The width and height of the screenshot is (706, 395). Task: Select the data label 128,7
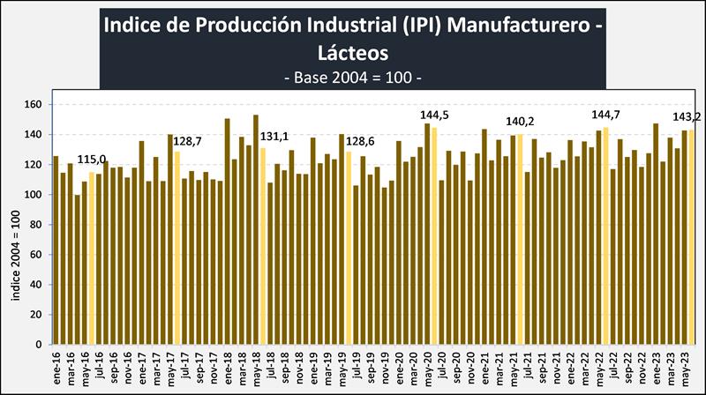190,141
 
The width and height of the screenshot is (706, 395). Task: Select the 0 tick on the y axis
39,345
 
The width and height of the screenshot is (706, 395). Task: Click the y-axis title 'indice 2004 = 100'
16,255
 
